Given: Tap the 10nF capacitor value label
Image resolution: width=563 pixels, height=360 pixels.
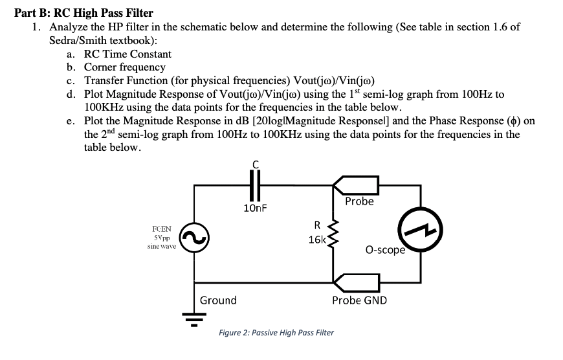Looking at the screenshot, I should click(x=256, y=208).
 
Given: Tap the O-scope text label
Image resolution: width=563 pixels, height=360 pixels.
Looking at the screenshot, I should click(x=385, y=250).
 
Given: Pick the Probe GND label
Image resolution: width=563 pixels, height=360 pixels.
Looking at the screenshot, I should click(x=359, y=300).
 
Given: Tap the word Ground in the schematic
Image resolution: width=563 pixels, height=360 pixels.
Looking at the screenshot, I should click(x=218, y=300).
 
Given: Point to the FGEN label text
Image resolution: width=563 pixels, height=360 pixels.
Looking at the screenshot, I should click(x=162, y=229).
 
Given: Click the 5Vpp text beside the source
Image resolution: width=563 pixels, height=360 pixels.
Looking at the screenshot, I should click(x=162, y=238).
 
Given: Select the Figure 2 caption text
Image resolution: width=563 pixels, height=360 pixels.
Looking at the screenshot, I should click(x=276, y=333).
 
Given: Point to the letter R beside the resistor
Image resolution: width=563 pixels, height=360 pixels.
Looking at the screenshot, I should click(x=317, y=226).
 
